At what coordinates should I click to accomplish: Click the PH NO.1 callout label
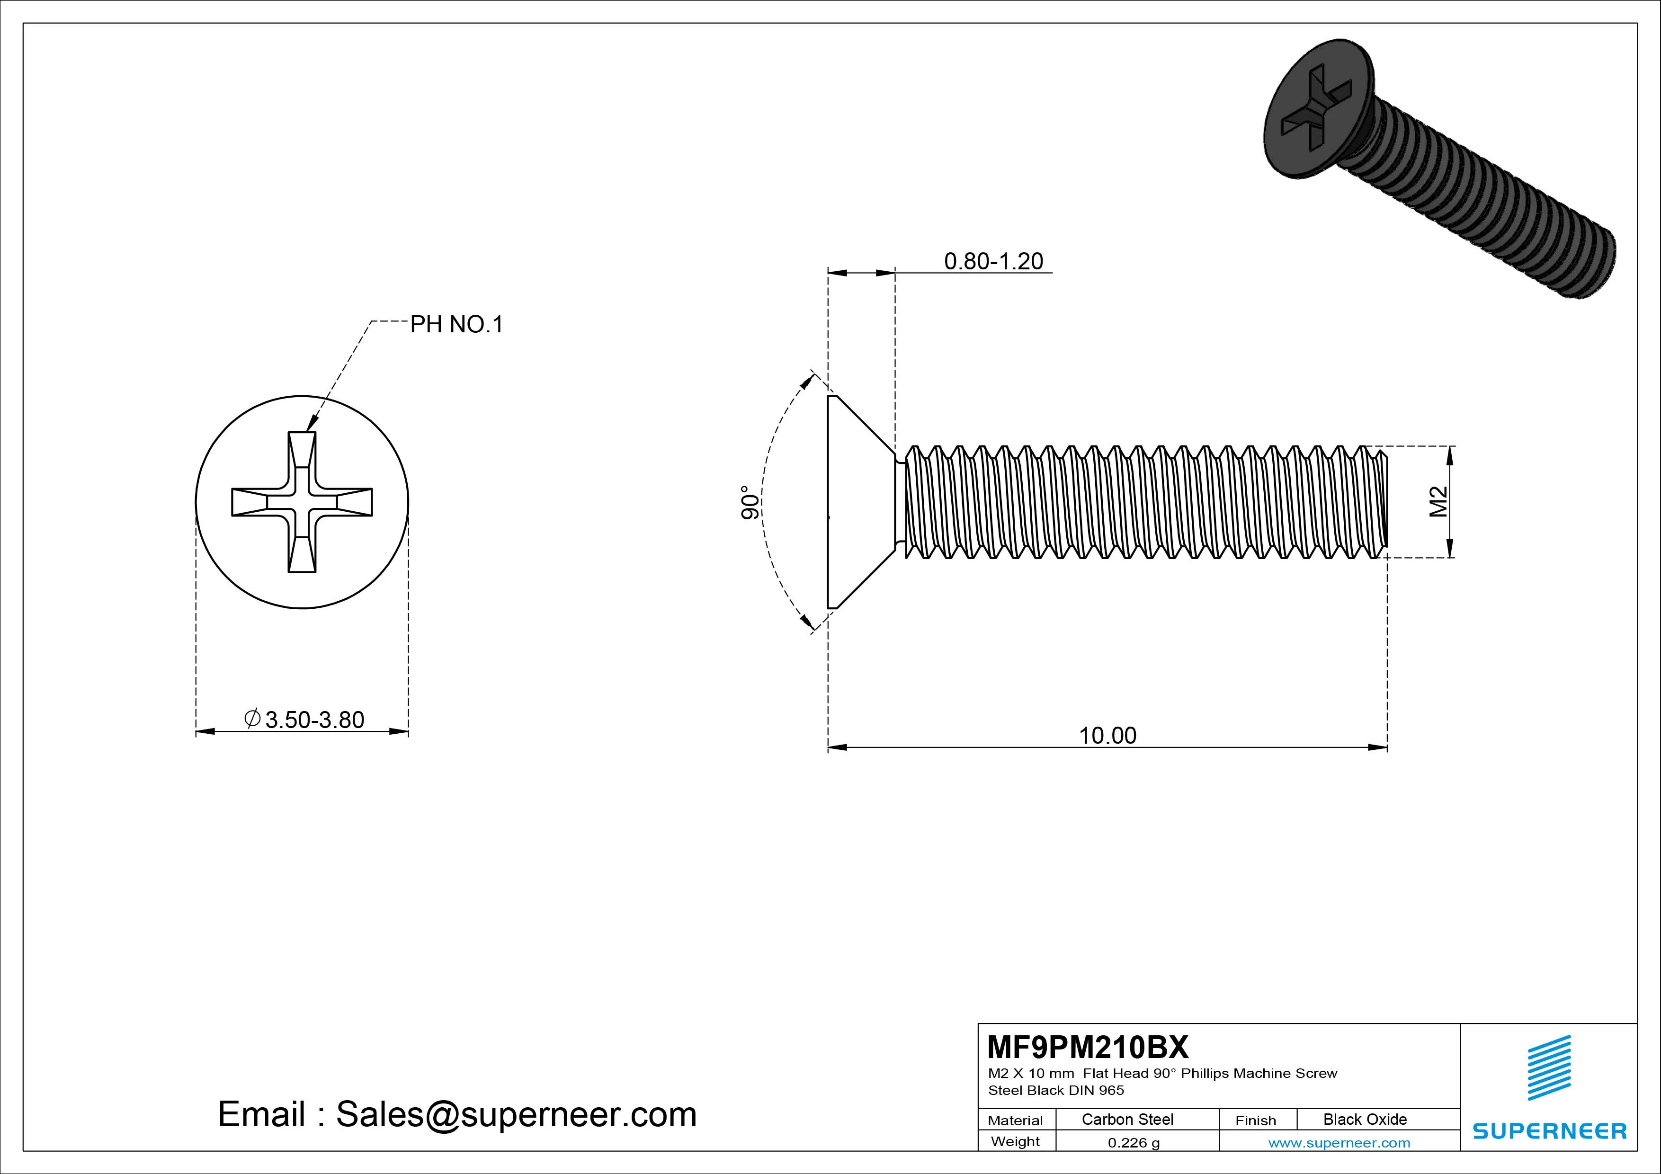pyautogui.click(x=456, y=325)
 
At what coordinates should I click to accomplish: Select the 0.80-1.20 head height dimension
pyautogui.click(x=993, y=261)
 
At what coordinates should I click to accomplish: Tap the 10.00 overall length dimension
pyautogui.click(x=1107, y=736)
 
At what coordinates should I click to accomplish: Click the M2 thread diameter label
pyautogui.click(x=1438, y=501)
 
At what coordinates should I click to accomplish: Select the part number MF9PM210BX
pyautogui.click(x=1087, y=1047)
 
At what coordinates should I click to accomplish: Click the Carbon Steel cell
pyautogui.click(x=1127, y=1120)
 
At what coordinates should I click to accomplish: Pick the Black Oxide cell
pyautogui.click(x=1365, y=1120)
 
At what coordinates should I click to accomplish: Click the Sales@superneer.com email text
pyautogui.click(x=516, y=1115)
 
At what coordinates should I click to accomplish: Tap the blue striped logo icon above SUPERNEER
pyautogui.click(x=1549, y=1067)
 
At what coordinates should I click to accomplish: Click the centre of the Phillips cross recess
pyautogui.click(x=302, y=502)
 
